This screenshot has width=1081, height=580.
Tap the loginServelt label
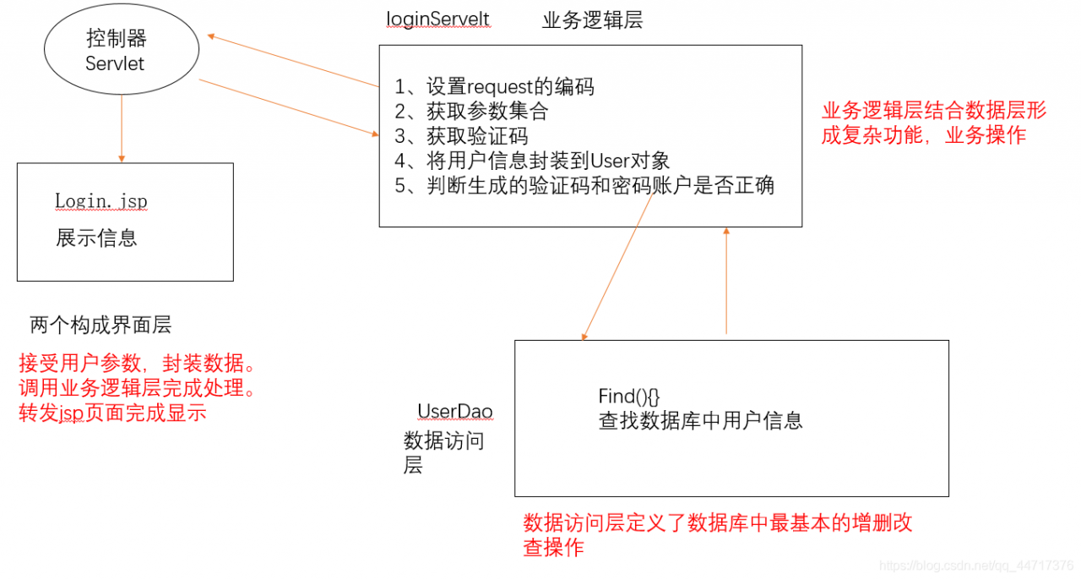(x=437, y=19)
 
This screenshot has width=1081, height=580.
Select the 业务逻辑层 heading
(x=592, y=20)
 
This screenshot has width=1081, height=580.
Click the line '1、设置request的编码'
(x=494, y=86)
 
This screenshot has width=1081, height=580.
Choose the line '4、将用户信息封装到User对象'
(x=532, y=161)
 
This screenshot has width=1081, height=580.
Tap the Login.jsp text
(x=101, y=201)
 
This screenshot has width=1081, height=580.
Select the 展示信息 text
(x=96, y=238)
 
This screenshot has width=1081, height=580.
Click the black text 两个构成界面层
(x=101, y=325)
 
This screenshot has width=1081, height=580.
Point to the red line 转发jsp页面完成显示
(x=112, y=413)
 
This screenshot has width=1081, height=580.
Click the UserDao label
(x=455, y=412)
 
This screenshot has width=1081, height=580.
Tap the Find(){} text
(x=628, y=396)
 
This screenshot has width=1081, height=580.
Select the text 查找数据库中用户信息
(x=700, y=420)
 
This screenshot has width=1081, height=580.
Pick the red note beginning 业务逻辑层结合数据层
(x=933, y=123)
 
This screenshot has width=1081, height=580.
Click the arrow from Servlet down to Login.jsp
(x=122, y=127)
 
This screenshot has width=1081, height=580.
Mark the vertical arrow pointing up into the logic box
(x=725, y=279)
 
